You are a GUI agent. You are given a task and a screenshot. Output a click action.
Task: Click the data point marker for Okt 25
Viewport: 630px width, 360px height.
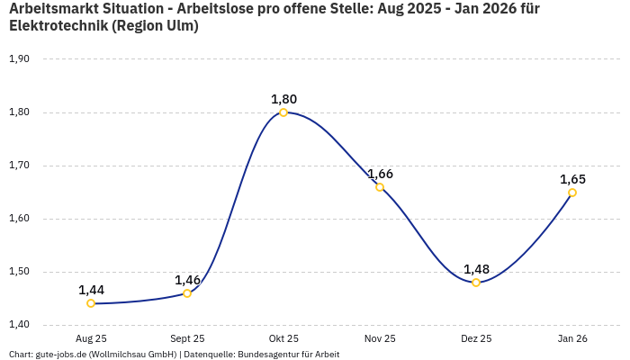(x=283, y=112)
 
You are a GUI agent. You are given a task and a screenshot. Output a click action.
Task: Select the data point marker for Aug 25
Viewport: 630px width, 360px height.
(x=91, y=303)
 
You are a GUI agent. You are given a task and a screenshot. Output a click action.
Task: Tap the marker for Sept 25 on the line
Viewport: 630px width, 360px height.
(x=187, y=293)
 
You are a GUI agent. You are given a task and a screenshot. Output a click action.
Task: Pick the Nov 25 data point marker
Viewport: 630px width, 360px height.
(x=380, y=187)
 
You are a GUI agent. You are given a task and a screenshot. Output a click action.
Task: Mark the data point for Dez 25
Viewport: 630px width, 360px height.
(x=476, y=283)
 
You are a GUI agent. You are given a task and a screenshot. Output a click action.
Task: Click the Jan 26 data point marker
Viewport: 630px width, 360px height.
(x=572, y=193)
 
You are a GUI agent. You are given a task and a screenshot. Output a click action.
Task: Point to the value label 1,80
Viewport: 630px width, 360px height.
(x=283, y=99)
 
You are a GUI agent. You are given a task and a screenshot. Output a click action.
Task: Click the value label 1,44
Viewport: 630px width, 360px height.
(x=91, y=290)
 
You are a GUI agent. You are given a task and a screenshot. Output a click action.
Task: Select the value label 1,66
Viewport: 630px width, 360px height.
(x=380, y=174)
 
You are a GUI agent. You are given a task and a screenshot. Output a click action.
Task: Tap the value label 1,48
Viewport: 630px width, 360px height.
(x=476, y=269)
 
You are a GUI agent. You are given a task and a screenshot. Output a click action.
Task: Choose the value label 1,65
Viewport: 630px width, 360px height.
(x=572, y=179)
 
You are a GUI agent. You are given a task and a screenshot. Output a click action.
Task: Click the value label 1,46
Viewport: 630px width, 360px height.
(x=187, y=280)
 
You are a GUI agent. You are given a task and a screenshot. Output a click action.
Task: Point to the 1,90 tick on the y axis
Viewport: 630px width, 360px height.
(x=19, y=59)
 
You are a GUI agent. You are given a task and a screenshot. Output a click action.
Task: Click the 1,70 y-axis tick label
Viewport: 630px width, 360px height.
(x=19, y=166)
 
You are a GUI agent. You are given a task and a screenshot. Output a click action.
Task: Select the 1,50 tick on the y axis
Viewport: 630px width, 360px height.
(x=19, y=272)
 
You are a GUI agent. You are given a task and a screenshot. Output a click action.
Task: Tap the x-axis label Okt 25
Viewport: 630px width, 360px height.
(x=283, y=338)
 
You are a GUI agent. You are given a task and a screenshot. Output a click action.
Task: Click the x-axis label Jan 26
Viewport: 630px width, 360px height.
(x=572, y=338)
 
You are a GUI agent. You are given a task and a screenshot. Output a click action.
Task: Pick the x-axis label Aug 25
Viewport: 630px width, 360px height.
(x=91, y=338)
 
